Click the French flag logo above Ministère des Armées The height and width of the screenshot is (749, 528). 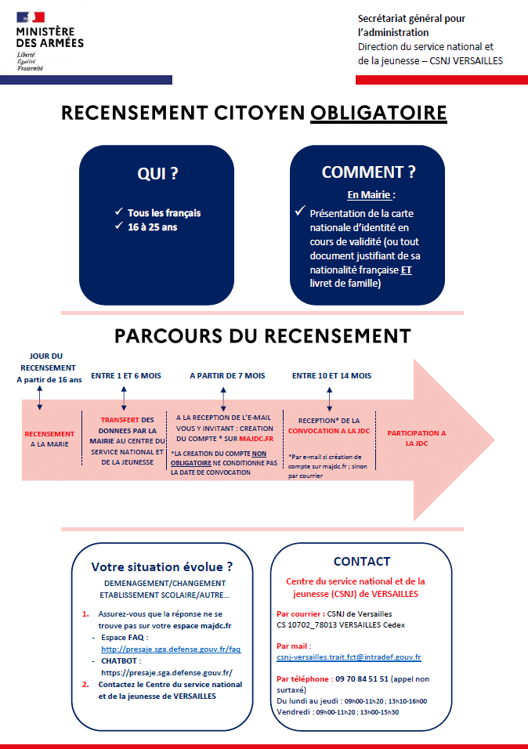31,17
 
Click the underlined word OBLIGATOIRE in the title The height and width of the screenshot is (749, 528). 378,113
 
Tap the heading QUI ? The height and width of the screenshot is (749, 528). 157,173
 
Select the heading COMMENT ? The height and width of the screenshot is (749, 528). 368,172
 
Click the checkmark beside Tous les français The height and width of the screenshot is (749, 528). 119,211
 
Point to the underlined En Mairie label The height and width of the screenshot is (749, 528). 369,195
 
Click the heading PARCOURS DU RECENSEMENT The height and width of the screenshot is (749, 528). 262,336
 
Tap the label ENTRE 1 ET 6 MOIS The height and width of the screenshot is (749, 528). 126,376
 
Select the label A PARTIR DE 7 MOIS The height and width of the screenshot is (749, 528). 227,376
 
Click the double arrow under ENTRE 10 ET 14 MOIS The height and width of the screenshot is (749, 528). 329,400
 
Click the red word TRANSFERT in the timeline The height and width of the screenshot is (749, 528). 119,420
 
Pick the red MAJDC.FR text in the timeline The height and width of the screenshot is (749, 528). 256,439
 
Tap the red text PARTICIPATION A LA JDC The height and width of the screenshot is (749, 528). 417,438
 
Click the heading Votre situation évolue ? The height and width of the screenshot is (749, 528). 162,567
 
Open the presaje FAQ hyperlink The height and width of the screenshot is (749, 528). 171,649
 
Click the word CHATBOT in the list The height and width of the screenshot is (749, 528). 119,661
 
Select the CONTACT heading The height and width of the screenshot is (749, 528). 362,561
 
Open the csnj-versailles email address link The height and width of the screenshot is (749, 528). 349,657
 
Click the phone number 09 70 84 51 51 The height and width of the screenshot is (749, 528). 362,678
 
